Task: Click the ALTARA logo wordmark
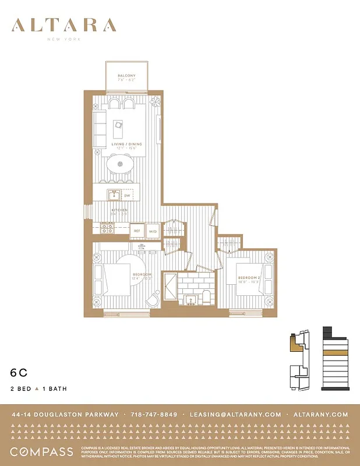tap(63, 25)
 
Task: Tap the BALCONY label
tap(126, 76)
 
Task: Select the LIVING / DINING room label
tap(126, 144)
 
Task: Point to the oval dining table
tap(121, 165)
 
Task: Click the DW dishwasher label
tap(127, 196)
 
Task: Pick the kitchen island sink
tap(114, 195)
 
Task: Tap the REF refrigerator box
tap(137, 231)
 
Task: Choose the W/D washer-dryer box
tap(153, 231)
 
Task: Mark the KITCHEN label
tap(120, 210)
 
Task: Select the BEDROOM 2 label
tap(249, 278)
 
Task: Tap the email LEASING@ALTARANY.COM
tap(235, 415)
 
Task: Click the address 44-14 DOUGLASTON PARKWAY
tap(65, 415)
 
